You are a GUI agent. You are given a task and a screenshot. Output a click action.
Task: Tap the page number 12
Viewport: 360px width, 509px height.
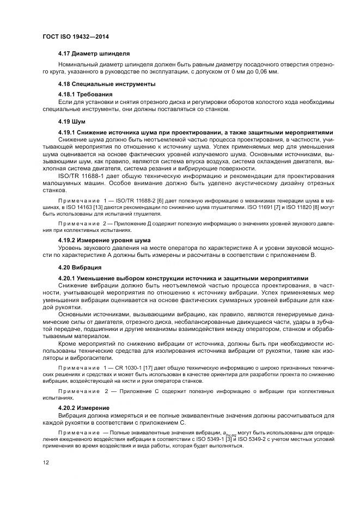pyautogui.click(x=46, y=463)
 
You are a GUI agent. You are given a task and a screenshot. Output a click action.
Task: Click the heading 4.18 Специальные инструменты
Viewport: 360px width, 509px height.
pyautogui.click(x=107, y=84)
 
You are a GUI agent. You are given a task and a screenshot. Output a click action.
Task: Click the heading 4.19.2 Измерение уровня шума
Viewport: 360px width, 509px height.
pyautogui.click(x=104, y=240)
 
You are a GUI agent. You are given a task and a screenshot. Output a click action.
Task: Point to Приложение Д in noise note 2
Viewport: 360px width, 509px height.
pyautogui.click(x=127, y=223)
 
